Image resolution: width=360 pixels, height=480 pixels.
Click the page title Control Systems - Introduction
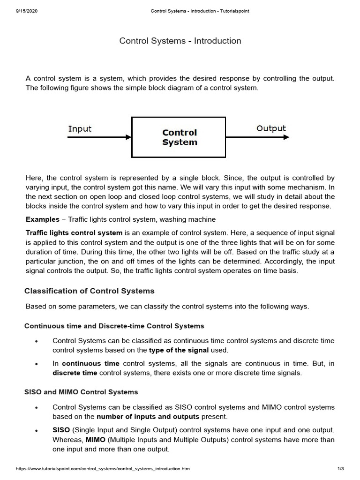180,41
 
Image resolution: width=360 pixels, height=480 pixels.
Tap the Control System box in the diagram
180,137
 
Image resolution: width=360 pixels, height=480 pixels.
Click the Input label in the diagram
80,129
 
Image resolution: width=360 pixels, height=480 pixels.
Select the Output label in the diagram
271,128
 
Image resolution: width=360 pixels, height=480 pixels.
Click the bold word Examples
42,219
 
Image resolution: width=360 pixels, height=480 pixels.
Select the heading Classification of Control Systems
89,291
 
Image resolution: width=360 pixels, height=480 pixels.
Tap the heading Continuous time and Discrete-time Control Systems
114,326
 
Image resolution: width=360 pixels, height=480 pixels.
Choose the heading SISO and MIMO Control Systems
81,392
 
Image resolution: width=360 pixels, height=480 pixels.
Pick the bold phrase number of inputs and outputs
148,416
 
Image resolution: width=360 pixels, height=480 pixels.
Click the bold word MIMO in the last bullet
95,440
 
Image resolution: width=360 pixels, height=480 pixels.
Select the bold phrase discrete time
75,373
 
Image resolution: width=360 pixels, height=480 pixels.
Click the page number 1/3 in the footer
341,469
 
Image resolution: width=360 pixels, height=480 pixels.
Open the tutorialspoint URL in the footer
103,469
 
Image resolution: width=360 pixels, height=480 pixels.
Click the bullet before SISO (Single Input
36,430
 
